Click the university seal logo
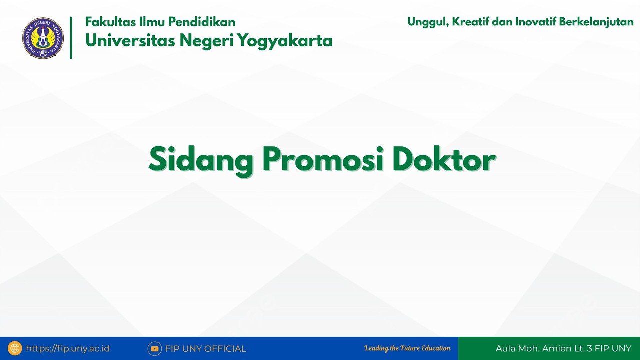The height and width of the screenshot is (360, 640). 43,38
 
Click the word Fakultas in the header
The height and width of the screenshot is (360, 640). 110,22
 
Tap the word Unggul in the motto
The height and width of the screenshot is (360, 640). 426,22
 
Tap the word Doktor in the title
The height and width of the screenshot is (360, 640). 444,160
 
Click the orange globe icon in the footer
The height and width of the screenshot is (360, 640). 15,348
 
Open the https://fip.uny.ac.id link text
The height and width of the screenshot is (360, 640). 68,349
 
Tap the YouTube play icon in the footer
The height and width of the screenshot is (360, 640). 154,349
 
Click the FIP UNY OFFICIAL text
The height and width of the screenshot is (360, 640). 205,349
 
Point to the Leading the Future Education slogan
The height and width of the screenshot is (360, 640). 407,348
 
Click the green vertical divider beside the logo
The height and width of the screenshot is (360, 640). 71,38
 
